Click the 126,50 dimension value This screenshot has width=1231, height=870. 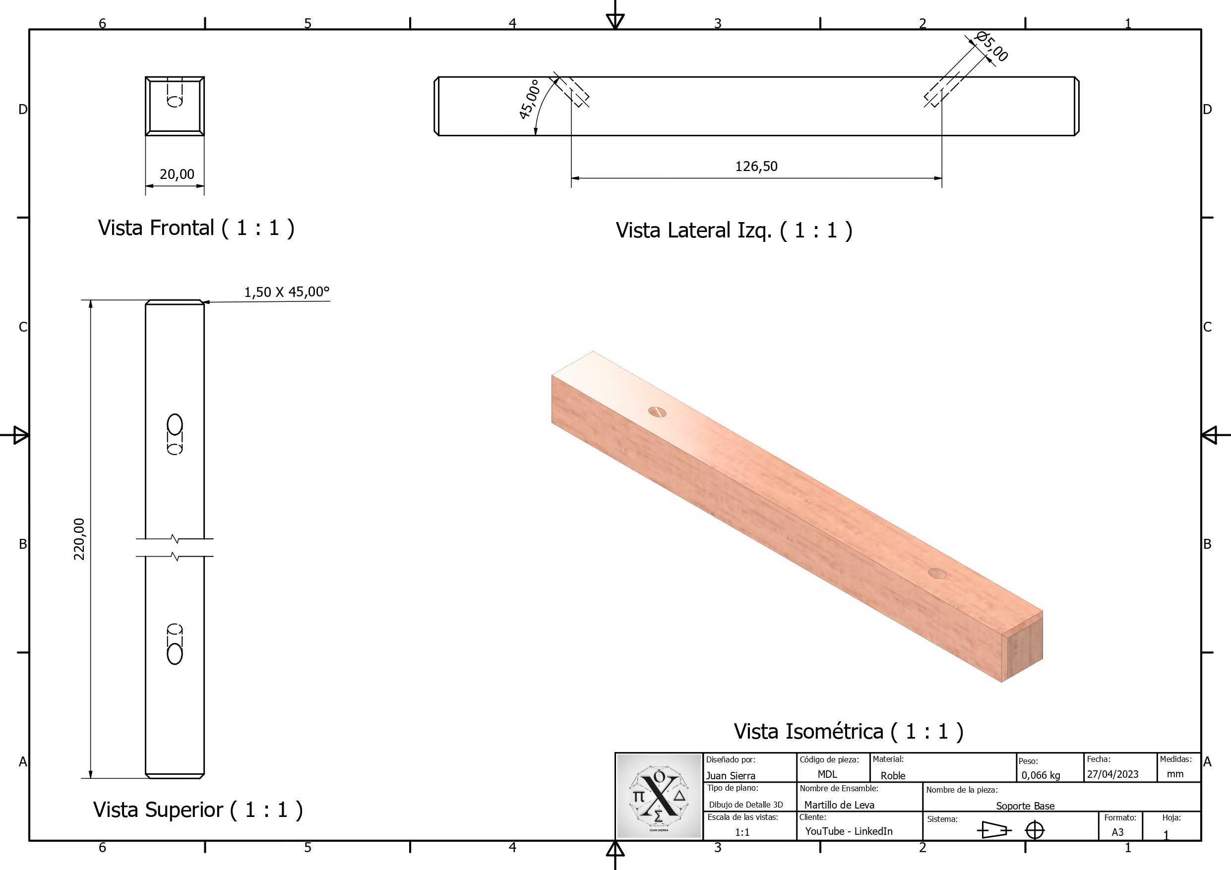(756, 166)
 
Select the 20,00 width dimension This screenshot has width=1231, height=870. (177, 174)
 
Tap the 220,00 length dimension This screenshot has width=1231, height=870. (79, 539)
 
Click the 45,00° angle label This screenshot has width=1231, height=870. (529, 99)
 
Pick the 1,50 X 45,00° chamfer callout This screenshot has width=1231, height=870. (287, 291)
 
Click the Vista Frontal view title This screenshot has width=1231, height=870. (196, 228)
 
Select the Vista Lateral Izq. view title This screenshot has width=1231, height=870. (734, 231)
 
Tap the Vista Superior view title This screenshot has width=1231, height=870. (198, 810)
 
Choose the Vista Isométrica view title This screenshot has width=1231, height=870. (848, 731)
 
